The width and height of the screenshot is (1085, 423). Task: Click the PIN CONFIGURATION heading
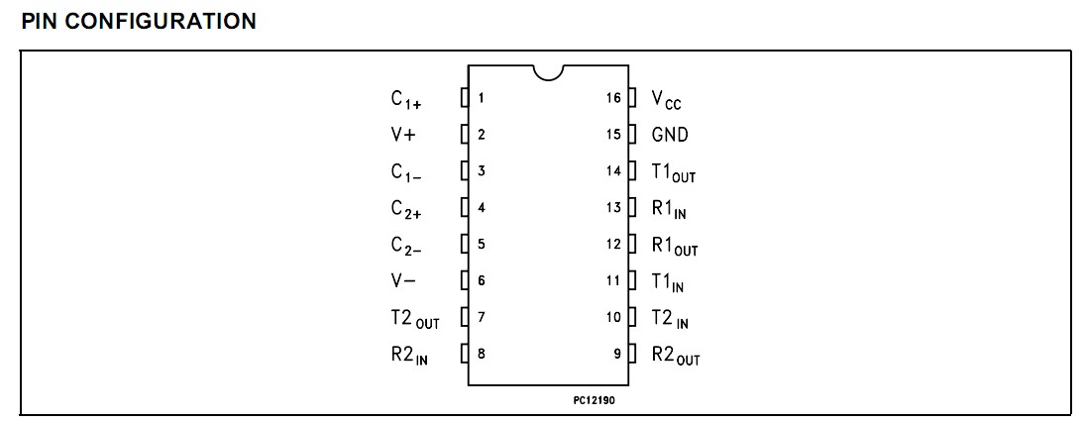coord(139,21)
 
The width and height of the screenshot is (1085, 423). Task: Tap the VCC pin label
coord(667,99)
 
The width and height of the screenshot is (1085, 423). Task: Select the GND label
coord(670,135)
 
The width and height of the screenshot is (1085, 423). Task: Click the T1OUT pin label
coord(674,172)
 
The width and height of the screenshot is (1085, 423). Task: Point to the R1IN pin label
coord(669,209)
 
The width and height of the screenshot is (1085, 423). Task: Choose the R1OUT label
coord(675,246)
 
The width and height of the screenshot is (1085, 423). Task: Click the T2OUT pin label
coord(414,319)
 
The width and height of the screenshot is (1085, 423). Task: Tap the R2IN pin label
coord(409,356)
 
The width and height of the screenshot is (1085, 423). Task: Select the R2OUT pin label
coord(676,356)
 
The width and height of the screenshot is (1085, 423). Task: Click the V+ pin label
coord(402,135)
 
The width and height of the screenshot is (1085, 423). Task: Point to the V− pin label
coord(402,281)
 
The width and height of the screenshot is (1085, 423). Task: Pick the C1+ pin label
coord(406,99)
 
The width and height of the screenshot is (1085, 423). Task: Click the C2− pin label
coord(406,246)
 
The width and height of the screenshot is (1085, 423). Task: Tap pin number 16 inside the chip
coord(613,98)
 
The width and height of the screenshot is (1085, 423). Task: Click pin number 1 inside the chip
coord(481,98)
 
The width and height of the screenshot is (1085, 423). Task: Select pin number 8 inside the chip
coord(481,354)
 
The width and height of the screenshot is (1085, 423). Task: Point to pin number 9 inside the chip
coord(617,354)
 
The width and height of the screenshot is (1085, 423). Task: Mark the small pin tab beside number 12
coord(631,244)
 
